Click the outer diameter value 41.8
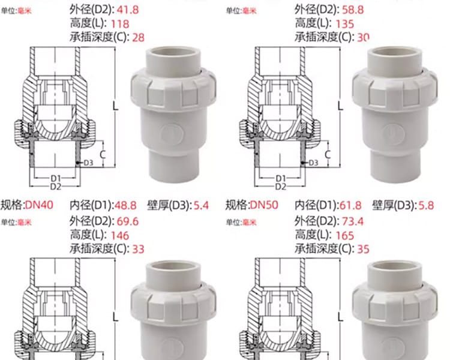(x=128, y=10)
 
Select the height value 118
(x=120, y=24)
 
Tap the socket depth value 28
(x=138, y=38)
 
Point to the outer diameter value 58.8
(x=353, y=10)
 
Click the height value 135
(x=344, y=24)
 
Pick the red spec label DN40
(x=40, y=205)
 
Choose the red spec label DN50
(x=264, y=205)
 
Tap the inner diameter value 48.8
(x=125, y=205)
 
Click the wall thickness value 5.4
(x=201, y=205)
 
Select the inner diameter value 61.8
(x=350, y=205)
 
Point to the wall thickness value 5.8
(x=426, y=205)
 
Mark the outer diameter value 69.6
(x=128, y=221)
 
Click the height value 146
(x=120, y=236)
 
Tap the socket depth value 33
(x=138, y=249)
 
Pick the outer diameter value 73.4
(x=353, y=221)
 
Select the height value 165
(x=344, y=236)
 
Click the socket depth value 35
(x=363, y=249)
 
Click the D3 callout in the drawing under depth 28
(x=88, y=163)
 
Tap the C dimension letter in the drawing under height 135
(x=328, y=155)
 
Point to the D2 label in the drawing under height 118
(x=56, y=187)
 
